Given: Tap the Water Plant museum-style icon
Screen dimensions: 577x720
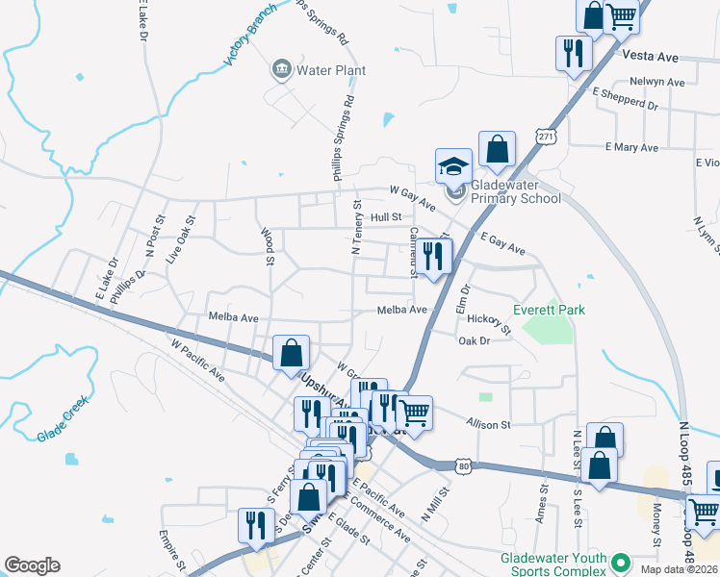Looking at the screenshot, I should pyautogui.click(x=282, y=68).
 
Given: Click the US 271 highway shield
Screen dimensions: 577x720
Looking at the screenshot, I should pyautogui.click(x=547, y=137).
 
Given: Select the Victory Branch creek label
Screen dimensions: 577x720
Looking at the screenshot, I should pyautogui.click(x=249, y=36).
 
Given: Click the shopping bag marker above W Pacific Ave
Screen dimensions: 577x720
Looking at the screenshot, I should pyautogui.click(x=291, y=352).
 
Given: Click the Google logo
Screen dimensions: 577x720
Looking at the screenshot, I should pyautogui.click(x=32, y=565).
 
